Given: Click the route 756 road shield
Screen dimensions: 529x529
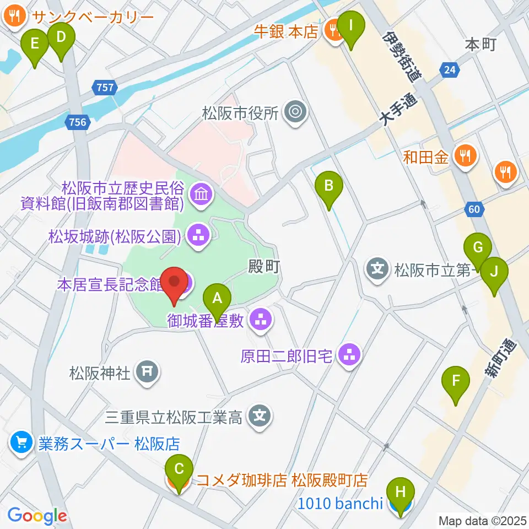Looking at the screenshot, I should [x=78, y=122].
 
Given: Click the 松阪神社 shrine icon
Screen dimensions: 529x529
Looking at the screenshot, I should [x=147, y=373].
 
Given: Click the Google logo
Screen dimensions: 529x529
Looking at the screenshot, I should [x=37, y=516].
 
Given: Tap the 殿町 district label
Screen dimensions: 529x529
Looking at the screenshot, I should [x=265, y=267].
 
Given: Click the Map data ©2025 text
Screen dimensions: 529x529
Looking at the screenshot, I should [x=483, y=520].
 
